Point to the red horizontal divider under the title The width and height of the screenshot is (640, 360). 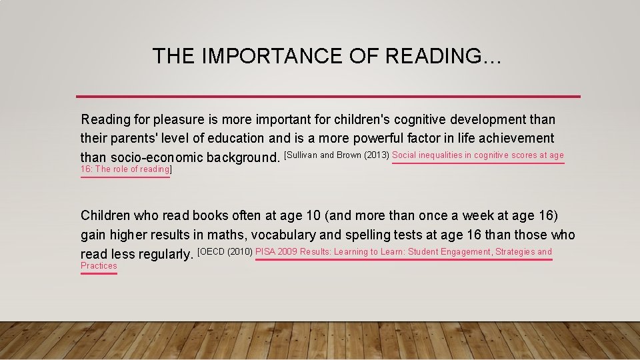328,96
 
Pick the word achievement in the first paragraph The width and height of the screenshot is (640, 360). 516,139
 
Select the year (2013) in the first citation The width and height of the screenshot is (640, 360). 376,155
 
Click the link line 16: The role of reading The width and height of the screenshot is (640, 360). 125,169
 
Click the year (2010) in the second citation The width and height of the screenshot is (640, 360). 240,252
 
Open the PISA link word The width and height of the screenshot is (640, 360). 265,252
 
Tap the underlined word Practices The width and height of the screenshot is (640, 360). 99,266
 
